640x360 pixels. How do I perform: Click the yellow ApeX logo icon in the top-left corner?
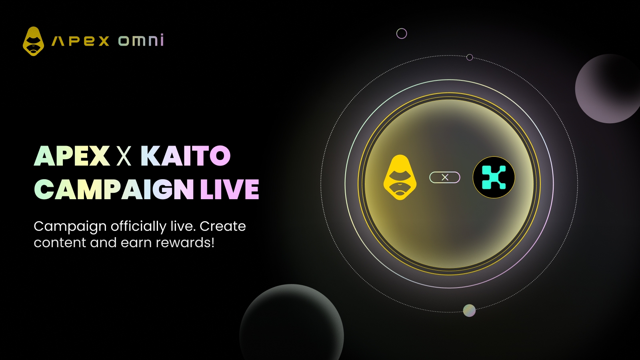[x=34, y=41]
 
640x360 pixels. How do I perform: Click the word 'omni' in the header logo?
[x=141, y=40]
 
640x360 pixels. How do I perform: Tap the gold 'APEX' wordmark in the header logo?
[x=80, y=41]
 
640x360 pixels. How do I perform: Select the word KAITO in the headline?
[x=186, y=156]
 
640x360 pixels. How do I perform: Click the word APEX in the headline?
[x=72, y=156]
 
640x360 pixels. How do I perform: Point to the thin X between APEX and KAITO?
[x=124, y=156]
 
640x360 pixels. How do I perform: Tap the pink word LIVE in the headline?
[x=230, y=189]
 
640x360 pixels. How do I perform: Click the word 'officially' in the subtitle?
[x=138, y=227]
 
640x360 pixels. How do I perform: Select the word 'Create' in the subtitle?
[x=222, y=226]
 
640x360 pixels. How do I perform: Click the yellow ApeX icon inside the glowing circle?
[x=400, y=178]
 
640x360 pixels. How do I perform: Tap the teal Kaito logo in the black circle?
[x=494, y=178]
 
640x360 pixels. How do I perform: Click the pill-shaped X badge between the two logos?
[x=445, y=178]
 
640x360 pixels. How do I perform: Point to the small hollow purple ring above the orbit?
[x=402, y=34]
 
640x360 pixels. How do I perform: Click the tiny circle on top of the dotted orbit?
[x=470, y=58]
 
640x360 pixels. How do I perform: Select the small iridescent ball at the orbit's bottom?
[x=469, y=310]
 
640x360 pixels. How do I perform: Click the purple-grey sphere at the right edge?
[x=608, y=88]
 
